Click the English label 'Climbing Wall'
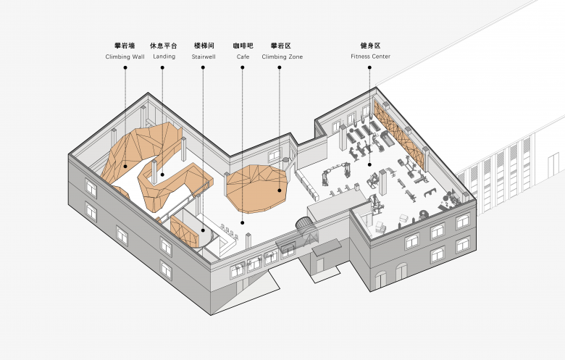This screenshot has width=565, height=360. pos(125,56)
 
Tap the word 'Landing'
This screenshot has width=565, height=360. pos(164,56)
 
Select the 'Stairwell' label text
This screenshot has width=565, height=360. pos(204,56)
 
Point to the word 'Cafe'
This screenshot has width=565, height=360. pos(243,56)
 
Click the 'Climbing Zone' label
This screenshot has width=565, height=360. pos(282,56)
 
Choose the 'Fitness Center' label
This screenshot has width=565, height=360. pos(370,56)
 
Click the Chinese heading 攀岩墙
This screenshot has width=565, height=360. pos(125,46)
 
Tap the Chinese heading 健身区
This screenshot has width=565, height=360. pos(370,46)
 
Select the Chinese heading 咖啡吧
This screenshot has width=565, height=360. pos(243,46)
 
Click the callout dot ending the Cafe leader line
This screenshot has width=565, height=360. pos(243,223)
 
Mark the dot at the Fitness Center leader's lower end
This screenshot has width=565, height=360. pos(369,164)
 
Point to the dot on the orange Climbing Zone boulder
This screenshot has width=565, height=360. pos(280,191)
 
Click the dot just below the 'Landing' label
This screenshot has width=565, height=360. pos(162,67)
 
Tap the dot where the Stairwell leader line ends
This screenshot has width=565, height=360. pos(203,230)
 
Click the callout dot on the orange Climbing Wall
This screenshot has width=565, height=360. pos(125,166)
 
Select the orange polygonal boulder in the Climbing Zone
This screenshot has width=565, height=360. pos(256,188)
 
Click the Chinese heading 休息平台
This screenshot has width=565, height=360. pos(164,46)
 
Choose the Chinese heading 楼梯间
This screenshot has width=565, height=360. pos(204,46)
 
